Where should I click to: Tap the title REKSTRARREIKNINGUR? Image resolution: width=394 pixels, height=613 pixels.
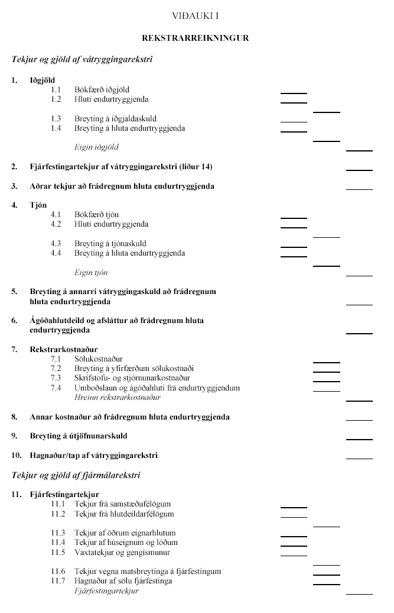coord(196,38)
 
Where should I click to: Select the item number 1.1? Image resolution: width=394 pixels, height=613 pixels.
coord(56,89)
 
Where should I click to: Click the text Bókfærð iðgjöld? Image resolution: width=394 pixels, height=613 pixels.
coord(102,89)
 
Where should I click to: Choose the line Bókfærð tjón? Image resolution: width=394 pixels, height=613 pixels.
coord(96,214)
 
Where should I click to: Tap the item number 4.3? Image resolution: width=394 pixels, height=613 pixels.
coord(56,243)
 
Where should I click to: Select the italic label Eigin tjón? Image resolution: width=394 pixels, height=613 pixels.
coord(91,272)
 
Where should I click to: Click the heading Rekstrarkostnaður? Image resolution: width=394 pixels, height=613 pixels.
coord(64,349)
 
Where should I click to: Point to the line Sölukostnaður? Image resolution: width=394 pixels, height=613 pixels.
coord(98,359)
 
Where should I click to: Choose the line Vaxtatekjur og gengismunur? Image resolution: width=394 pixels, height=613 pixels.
coord(122,552)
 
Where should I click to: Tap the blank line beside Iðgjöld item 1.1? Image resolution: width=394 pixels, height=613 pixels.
coord(294,92)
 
